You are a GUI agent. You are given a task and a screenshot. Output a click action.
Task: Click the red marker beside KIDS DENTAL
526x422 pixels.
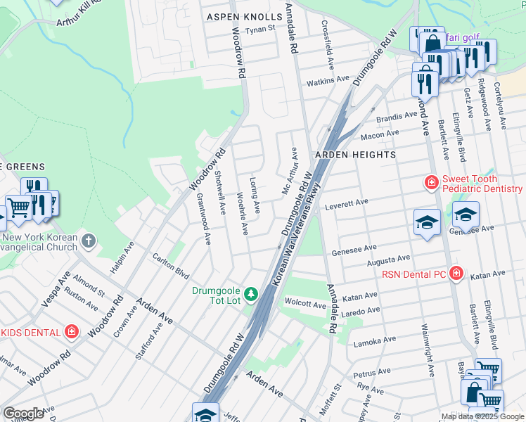(72, 331)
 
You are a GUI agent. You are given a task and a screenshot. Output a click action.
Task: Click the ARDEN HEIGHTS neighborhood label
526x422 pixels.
(355, 154)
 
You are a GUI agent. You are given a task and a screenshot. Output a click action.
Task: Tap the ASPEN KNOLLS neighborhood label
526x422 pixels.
(241, 15)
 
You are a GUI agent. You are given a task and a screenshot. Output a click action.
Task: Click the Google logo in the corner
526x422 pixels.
(23, 414)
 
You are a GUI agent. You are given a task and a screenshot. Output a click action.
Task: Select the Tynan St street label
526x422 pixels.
(260, 30)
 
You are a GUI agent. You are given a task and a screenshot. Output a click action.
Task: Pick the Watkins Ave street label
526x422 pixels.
(326, 82)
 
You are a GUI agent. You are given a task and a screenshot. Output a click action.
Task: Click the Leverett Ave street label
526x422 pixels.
(347, 204)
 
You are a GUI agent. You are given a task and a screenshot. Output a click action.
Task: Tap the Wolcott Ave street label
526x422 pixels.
(305, 305)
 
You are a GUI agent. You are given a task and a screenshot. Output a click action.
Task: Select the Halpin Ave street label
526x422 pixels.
(121, 258)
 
